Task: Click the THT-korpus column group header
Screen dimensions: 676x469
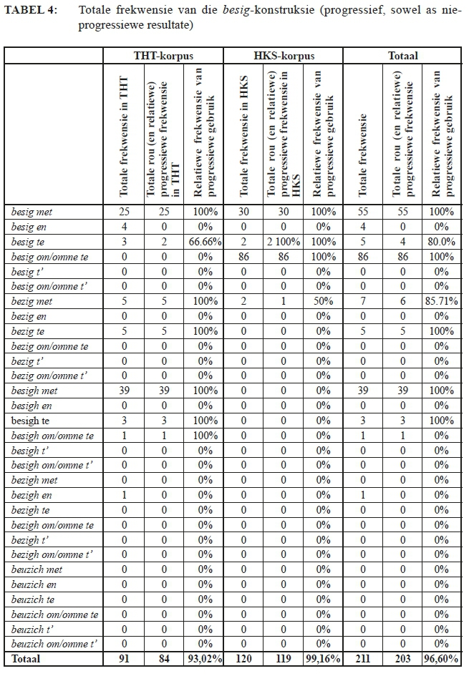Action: tap(163, 55)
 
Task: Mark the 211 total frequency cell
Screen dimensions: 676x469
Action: tap(362, 659)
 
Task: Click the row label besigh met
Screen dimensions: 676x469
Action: tap(35, 391)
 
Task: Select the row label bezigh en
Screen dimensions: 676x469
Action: tap(32, 495)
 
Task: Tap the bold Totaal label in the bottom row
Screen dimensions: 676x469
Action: tap(26, 659)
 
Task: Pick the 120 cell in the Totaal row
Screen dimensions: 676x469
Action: tap(243, 659)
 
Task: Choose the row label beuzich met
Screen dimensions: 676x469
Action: tap(37, 569)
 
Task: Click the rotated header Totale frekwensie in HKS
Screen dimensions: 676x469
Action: tap(243, 136)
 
